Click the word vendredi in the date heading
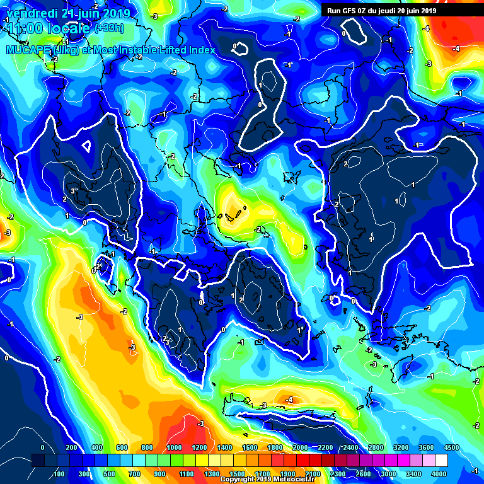tap(29, 13)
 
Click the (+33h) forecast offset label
tap(109, 28)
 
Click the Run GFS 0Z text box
tap(382, 10)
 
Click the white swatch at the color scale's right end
tap(441, 461)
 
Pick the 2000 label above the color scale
tap(300, 447)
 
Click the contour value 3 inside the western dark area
tap(73, 190)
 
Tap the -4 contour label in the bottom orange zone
tap(289, 400)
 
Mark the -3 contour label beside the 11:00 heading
tap(154, 16)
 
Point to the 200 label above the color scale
tap(71, 447)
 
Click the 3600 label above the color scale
tap(427, 447)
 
